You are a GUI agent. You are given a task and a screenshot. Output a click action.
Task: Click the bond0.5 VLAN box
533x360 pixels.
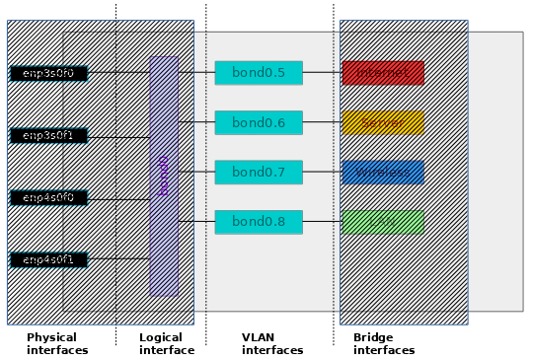258,73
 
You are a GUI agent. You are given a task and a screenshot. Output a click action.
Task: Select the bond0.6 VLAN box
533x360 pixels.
258,122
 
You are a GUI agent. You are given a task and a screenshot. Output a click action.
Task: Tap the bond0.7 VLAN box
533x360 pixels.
258,173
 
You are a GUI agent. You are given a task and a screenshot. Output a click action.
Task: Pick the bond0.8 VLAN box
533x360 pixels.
258,222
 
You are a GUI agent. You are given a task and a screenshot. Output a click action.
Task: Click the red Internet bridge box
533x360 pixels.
383,73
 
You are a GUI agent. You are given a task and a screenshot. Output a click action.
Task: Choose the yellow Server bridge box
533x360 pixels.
383,122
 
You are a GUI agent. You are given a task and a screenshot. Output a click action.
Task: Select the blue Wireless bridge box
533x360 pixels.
383,173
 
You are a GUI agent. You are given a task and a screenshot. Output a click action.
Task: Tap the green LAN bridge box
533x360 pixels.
383,222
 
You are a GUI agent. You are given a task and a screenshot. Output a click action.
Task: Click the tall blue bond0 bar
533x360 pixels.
164,176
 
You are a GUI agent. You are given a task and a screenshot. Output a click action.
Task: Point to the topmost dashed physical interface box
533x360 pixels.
48,74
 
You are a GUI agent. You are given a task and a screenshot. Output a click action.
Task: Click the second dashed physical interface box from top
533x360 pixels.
48,136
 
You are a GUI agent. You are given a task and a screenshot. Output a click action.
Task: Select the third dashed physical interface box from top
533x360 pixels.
48,198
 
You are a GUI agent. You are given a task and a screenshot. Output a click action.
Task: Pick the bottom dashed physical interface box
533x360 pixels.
48,260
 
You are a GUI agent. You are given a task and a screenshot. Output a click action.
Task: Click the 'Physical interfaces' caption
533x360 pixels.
56,343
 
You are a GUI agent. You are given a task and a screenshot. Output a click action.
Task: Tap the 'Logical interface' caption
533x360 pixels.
166,343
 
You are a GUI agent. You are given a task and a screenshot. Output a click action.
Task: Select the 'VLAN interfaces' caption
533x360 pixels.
271,343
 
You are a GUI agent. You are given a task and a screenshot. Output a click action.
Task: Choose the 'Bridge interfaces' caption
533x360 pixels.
383,343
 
